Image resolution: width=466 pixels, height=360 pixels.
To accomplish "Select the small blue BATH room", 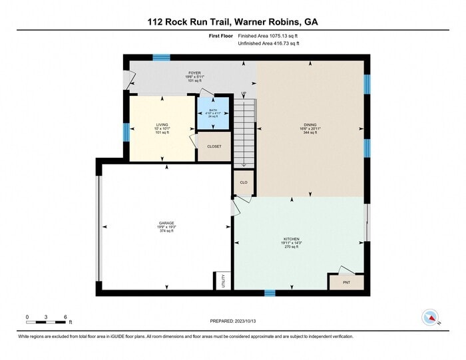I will (213, 113).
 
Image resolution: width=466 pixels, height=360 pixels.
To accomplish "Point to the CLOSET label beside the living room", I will (214, 146).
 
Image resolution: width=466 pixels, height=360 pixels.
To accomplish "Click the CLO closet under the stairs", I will (244, 182).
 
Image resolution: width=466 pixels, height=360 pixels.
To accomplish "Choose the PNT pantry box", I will (346, 282).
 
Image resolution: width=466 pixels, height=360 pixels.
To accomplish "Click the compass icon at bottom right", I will (431, 318).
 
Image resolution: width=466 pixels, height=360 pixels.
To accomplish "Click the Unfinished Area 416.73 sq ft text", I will (269, 44).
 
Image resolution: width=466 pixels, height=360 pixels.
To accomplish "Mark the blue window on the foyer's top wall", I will (161, 58).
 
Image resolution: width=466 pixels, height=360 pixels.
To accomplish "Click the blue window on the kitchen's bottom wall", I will (270, 292).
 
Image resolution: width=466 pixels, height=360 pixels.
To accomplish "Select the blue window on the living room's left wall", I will (126, 132).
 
